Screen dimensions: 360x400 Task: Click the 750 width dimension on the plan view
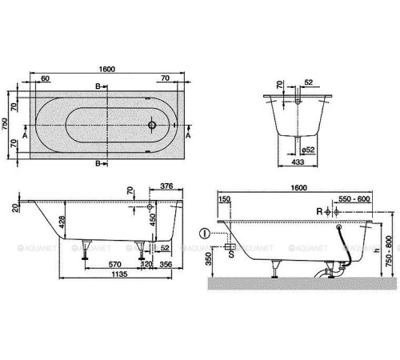tap(6, 124)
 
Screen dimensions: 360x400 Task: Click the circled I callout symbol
tap(206, 234)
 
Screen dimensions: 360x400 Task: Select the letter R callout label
tap(318, 211)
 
